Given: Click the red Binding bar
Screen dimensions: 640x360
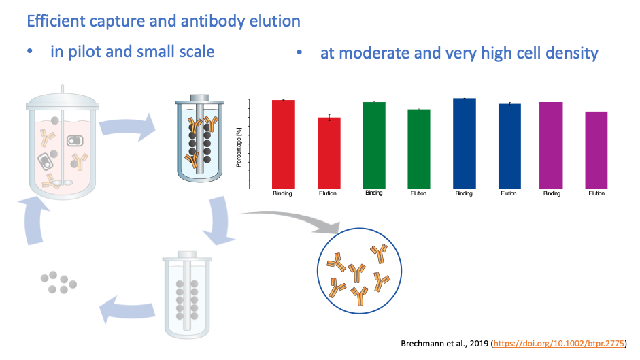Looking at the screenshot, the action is [x=283, y=144].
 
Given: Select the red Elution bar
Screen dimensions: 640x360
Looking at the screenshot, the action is [x=329, y=153].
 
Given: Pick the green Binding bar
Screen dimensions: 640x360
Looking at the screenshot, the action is [x=374, y=146].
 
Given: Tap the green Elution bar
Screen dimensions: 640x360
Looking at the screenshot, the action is [x=419, y=149].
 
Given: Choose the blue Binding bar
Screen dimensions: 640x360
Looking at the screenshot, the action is [x=465, y=144].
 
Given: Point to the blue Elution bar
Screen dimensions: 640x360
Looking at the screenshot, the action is [x=509, y=146].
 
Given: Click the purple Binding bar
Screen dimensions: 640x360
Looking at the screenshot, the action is [x=551, y=146].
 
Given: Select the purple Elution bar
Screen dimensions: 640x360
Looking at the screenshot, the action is [x=596, y=150].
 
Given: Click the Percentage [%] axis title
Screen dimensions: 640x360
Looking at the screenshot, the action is [x=239, y=147].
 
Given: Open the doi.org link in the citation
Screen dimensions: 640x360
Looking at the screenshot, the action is [x=559, y=343].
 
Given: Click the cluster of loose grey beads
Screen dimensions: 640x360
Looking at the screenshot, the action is [x=58, y=282].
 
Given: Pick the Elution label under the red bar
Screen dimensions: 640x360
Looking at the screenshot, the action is [x=328, y=193].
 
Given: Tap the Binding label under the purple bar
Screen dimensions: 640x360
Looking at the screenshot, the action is [x=552, y=193].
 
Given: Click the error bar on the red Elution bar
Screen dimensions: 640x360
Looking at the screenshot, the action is [x=329, y=118].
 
